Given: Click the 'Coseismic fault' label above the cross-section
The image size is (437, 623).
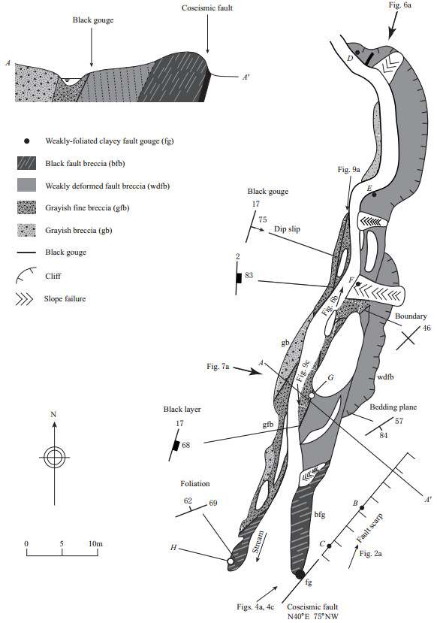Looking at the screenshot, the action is pos(206,8).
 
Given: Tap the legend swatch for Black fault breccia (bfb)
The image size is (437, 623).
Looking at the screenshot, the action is pos(26,163).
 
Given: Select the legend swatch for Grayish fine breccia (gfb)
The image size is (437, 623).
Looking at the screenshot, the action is pos(26,208).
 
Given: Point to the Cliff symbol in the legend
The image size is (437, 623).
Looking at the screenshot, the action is pos(26,275).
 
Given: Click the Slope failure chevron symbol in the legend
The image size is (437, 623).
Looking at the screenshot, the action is pos(24,299).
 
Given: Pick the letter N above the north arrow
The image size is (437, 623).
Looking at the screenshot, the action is pos(53,414).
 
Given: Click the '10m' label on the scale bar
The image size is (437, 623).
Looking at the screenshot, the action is pos(95,543).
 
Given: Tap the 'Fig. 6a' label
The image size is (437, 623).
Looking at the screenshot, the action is pos(399,5).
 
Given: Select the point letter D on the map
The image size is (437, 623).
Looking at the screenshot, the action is pos(350,59).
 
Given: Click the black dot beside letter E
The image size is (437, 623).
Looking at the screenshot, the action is pos(374,195).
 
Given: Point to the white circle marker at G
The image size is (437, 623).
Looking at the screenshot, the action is pos(312,395).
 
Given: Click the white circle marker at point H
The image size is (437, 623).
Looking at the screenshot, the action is pos(231,561).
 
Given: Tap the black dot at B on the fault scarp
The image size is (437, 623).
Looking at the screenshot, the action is pos(362,508).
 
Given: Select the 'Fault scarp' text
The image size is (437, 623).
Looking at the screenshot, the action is pos(369,528).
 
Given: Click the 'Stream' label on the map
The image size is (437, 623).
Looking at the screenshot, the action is pos(258,542).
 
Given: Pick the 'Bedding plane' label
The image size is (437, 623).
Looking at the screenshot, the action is pos(393,407).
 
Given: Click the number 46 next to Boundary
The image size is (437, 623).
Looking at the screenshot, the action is pos(426,328).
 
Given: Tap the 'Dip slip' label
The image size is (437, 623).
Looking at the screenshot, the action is pos(287,229).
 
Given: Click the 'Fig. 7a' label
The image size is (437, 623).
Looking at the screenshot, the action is pos(218,366).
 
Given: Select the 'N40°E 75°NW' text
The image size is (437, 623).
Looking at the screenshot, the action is pos(313,617).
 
